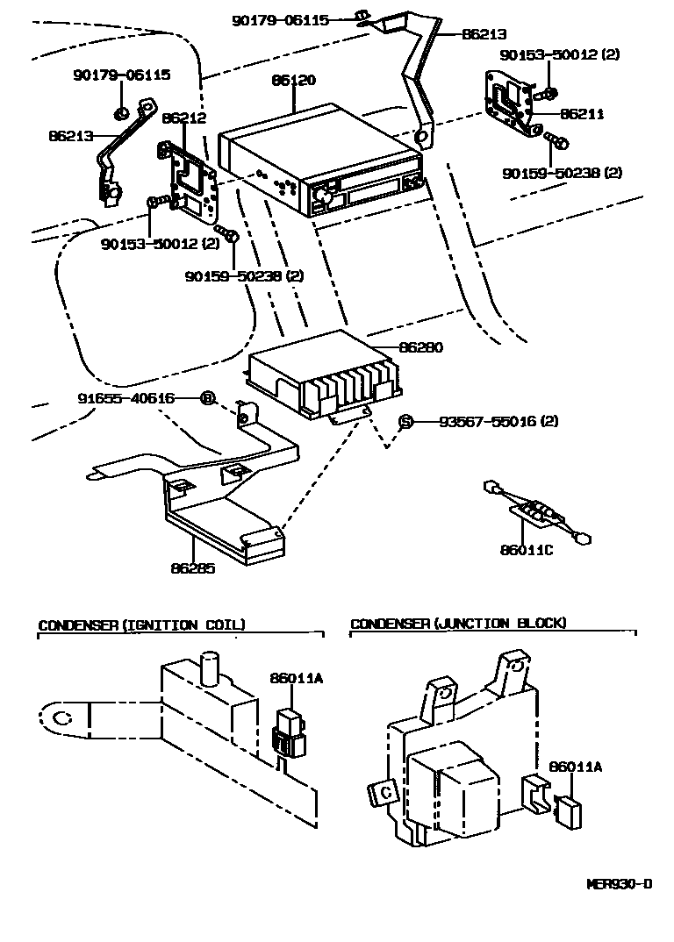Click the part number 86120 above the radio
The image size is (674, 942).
293,80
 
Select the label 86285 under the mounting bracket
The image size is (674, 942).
192,567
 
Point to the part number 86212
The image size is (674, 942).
184,117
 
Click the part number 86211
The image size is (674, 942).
582,114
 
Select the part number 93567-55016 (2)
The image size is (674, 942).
498,421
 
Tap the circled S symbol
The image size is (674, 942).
405,421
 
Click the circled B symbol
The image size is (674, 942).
207,398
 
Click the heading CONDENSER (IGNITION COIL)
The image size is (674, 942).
141,624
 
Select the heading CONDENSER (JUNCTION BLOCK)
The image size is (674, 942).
458,623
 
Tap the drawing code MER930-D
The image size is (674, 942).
619,883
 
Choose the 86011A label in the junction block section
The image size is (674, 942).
575,766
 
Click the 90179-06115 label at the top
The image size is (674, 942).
281,18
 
